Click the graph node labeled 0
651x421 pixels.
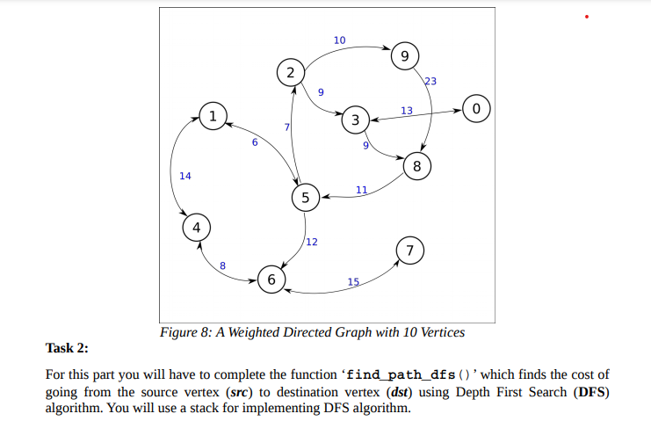pos(475,110)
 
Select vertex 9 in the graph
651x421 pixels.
pos(404,56)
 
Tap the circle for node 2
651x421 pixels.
pos(290,71)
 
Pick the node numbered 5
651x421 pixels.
pos(305,198)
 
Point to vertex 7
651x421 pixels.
pos(409,250)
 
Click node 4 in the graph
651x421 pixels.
pos(196,228)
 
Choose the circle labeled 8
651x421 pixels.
pos(417,165)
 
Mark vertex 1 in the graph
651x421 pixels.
pos(212,115)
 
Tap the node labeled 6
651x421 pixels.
pos(271,279)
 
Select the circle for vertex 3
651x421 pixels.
pos(355,120)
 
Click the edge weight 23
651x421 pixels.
pos(430,81)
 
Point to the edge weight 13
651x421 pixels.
pos(406,110)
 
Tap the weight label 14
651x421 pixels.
pos(184,176)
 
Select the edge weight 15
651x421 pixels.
pos(353,281)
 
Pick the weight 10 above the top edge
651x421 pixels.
pos(340,40)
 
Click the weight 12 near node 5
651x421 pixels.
pos(312,242)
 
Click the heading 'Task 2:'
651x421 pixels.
pos(68,349)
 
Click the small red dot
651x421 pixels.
pos(587,17)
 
